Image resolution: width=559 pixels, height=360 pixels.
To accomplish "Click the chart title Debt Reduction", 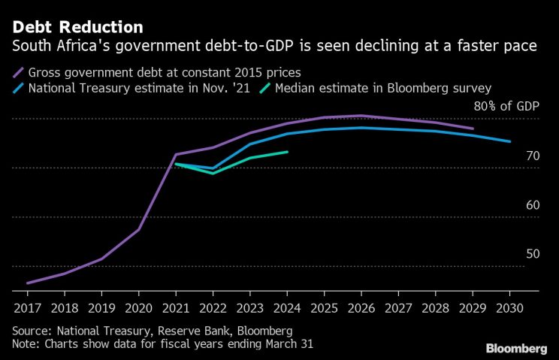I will coord(77,28).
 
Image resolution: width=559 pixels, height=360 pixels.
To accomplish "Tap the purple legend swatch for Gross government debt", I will coord(19,72).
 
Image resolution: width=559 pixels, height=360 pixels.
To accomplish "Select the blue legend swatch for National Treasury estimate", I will coord(19,88).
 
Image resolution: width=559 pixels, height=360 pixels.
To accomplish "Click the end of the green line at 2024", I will coord(287,152).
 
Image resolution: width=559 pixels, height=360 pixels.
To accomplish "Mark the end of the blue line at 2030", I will coord(510,141).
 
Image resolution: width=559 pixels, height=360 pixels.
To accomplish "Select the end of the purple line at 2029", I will coord(473,129).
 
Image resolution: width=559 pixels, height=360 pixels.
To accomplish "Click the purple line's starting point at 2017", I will coord(27,283).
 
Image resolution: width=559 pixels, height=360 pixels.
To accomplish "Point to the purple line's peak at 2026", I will coord(361,116).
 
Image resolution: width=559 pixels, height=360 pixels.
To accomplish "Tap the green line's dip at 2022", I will coord(213,173).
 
